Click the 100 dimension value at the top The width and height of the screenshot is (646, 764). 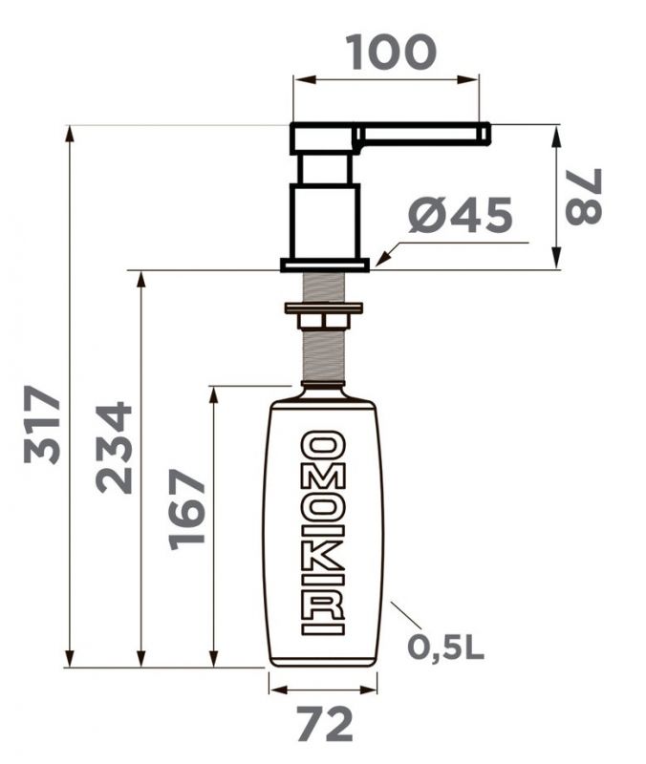391,53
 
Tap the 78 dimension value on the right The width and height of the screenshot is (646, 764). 584,197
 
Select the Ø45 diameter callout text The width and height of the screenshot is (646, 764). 461,214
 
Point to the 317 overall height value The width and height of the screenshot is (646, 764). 42,424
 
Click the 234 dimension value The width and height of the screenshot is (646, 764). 114,447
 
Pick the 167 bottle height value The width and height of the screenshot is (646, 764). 185,510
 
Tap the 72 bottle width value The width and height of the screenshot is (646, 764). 325,725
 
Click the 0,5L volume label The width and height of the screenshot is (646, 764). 445,647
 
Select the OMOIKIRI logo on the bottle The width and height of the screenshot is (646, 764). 323,533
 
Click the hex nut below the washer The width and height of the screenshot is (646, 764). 323,321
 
